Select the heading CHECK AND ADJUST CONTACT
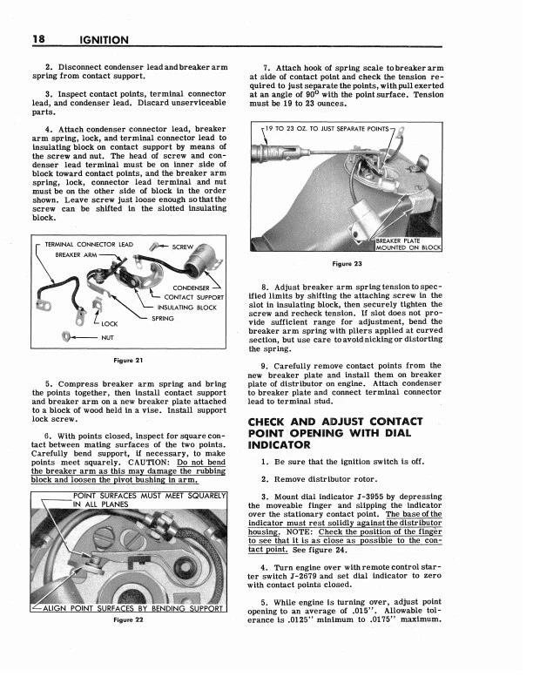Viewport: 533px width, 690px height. (335, 422)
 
